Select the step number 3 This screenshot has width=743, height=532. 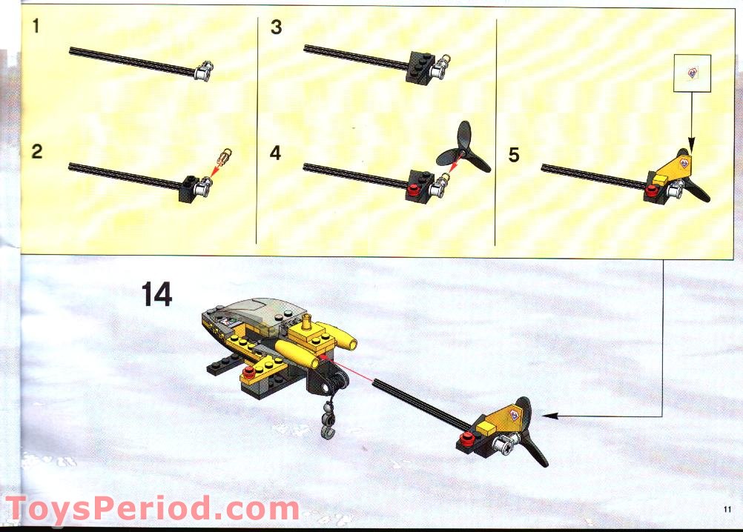pyautogui.click(x=277, y=27)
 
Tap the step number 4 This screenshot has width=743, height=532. pyautogui.click(x=277, y=153)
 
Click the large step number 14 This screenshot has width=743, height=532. pyautogui.click(x=156, y=294)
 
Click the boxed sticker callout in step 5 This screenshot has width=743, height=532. pyautogui.click(x=692, y=73)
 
